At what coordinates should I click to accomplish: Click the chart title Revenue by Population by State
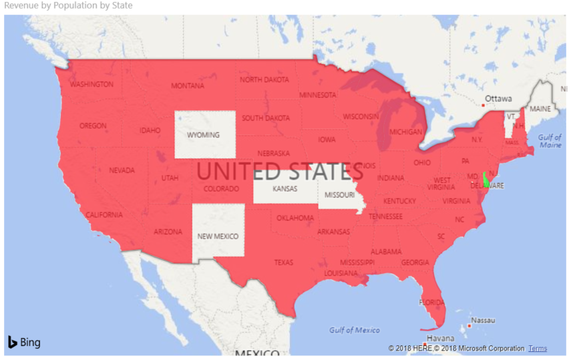tap(69, 5)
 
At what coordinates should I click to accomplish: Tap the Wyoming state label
tap(203, 135)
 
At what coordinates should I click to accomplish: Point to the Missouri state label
tap(339, 195)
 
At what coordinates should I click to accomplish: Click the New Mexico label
tap(218, 236)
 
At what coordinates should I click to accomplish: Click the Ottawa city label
tap(498, 98)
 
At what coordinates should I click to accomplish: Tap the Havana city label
tap(441, 338)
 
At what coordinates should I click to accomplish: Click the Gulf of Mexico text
tap(355, 330)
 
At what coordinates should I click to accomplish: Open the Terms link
tap(537, 349)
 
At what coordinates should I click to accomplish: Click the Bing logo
tap(24, 343)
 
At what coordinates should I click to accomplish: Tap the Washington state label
tap(91, 85)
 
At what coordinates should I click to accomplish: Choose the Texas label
tap(283, 262)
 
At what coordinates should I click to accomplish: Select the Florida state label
tap(431, 302)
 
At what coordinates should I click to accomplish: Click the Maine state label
tap(540, 108)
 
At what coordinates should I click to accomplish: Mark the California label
tap(104, 215)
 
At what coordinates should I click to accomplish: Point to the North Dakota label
tap(264, 79)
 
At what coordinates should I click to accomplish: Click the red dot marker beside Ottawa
tap(482, 105)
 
